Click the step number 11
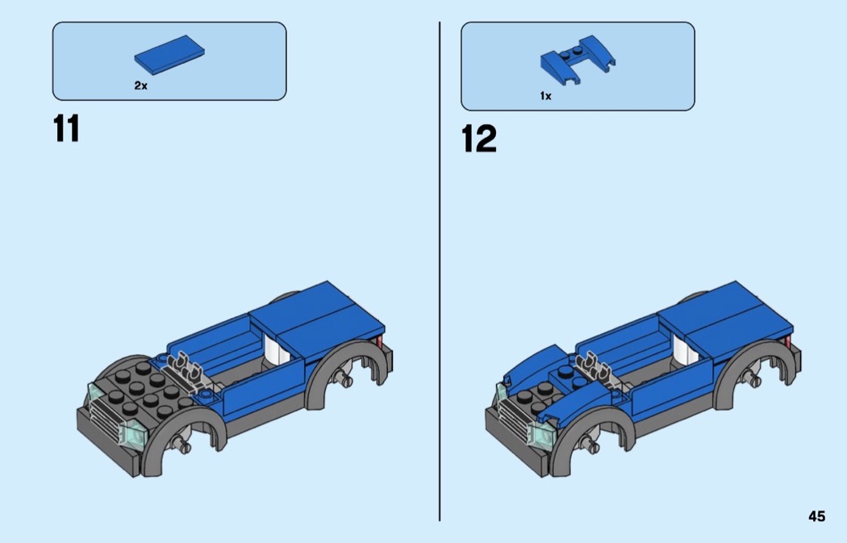tap(66, 128)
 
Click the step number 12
tap(478, 139)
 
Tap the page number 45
tap(816, 516)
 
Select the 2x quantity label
tap(140, 86)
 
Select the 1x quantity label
tap(545, 96)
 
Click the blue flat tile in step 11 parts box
tap(169, 53)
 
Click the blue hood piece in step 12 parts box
tap(577, 60)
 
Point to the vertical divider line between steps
tap(440, 271)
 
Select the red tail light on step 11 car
tap(379, 341)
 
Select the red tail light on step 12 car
tap(787, 341)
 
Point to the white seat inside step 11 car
tap(276, 351)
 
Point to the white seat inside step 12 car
tap(684, 351)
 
